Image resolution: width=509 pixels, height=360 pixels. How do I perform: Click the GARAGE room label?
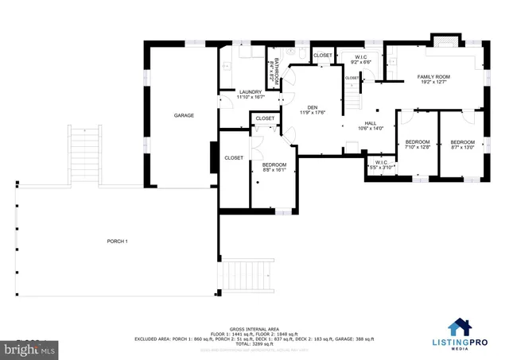[184, 116]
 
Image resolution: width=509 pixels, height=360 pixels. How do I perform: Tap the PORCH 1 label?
[117, 241]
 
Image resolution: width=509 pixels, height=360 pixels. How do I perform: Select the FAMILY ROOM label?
[433, 76]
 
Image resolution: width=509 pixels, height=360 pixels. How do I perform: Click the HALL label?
[371, 123]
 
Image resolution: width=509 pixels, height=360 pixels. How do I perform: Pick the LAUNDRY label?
[251, 92]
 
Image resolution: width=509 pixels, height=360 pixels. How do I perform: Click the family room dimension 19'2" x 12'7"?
[433, 82]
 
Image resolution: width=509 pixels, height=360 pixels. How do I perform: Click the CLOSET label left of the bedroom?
[234, 158]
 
